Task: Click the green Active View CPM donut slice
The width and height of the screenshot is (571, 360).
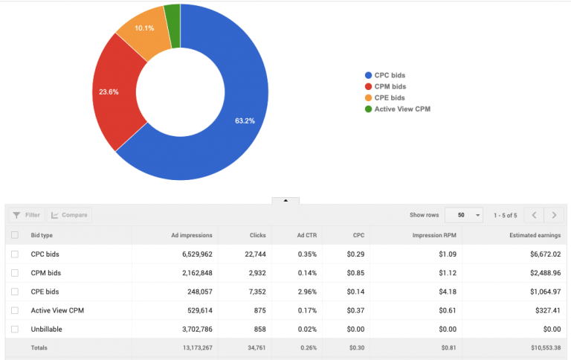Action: (172, 13)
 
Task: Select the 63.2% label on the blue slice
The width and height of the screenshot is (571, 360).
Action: (245, 120)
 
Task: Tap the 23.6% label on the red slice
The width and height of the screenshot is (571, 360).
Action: (109, 92)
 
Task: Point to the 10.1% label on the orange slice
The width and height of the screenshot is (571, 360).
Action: (144, 29)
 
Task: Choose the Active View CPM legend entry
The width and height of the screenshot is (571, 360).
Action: (397, 109)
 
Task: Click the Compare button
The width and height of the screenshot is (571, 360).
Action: (69, 215)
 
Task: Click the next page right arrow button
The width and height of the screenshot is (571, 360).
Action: (554, 215)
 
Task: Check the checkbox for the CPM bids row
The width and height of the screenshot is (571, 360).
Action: (14, 273)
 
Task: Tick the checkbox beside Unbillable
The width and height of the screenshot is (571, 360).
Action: (14, 329)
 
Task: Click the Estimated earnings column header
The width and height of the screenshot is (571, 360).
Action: (535, 235)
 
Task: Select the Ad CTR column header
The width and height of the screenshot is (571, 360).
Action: (306, 235)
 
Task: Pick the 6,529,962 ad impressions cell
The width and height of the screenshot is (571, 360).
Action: (192, 254)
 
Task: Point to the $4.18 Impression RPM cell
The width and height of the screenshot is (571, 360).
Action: (446, 292)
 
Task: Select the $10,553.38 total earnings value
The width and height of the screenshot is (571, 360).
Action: (543, 347)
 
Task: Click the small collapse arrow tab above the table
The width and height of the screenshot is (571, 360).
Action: (285, 200)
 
